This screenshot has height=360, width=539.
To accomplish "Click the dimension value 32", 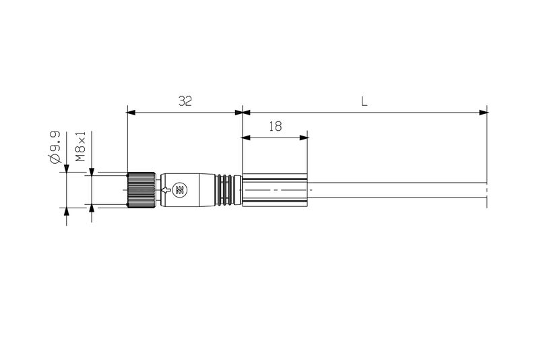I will (x=185, y=101).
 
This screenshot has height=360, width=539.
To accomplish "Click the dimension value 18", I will (x=274, y=126).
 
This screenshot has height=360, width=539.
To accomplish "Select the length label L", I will (x=364, y=102).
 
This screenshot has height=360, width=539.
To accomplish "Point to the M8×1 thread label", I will (x=80, y=147).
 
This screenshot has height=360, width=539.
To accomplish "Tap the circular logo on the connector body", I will (x=180, y=190).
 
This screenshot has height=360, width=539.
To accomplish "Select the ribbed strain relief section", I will (x=228, y=190).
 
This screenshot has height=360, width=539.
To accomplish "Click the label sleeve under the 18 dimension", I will (x=275, y=190).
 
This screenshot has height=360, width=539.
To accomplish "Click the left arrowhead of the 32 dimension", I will (x=131, y=112).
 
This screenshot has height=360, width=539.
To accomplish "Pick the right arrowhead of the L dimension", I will (x=482, y=112).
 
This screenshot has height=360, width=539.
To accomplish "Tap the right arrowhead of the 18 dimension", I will (x=305, y=138).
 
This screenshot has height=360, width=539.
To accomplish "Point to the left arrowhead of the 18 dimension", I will (x=246, y=138).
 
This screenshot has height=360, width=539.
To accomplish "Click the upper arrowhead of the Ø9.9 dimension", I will (x=66, y=168).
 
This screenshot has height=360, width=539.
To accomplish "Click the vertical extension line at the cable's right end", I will (x=487, y=155).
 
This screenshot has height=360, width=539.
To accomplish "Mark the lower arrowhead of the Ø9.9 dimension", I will (x=66, y=212).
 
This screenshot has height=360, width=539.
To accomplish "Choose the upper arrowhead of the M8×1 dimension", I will (x=92, y=171).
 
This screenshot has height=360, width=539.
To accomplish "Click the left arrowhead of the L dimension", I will (x=247, y=112).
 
